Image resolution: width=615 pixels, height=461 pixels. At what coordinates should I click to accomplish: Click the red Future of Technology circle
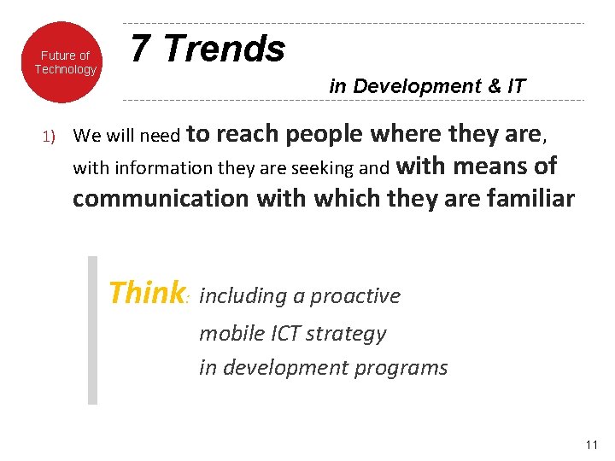click(x=65, y=62)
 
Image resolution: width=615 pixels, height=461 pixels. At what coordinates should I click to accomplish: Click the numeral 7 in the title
click(x=142, y=50)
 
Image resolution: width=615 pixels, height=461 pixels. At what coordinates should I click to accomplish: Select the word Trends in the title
click(x=224, y=50)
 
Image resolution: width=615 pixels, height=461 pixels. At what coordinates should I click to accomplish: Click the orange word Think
click(x=146, y=294)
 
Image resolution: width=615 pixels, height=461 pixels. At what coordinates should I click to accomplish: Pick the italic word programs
click(x=407, y=368)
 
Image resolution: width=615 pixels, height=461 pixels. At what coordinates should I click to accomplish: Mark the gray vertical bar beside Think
click(x=92, y=330)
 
